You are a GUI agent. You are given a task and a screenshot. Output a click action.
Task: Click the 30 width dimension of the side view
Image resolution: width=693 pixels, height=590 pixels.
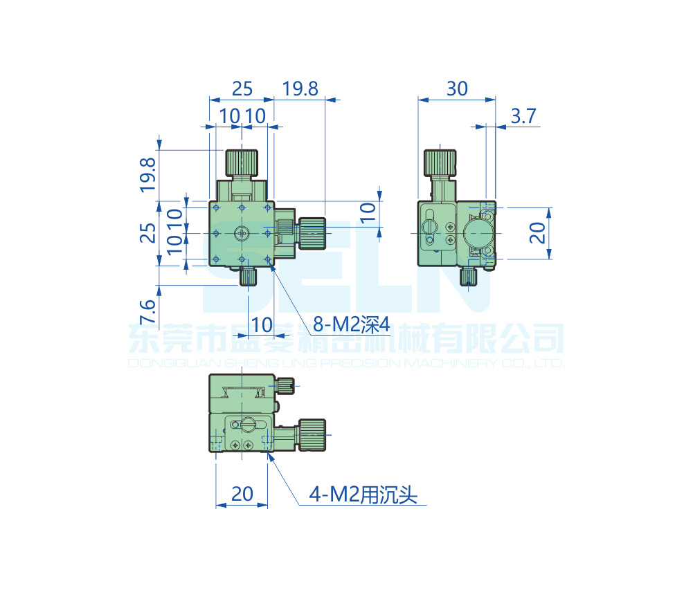click(457, 89)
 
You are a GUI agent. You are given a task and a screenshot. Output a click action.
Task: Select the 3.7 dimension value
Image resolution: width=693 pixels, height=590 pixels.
click(523, 116)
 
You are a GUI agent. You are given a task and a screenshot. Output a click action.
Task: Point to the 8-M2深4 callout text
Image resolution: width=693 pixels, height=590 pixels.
click(352, 324)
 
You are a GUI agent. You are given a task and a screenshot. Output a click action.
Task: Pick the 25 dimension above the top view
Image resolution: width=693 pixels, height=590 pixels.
click(242, 89)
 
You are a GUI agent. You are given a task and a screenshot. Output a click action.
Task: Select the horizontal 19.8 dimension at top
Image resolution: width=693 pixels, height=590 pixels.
click(300, 89)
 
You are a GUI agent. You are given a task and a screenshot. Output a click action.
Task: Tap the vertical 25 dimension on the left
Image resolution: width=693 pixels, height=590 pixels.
click(147, 233)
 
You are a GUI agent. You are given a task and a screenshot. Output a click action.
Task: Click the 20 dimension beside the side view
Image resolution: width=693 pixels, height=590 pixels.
click(538, 233)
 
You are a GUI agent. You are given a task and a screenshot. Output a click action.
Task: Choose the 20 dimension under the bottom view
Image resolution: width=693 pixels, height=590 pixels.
click(242, 494)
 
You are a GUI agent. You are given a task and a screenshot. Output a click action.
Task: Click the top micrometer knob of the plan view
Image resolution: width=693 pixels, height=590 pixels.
click(242, 163)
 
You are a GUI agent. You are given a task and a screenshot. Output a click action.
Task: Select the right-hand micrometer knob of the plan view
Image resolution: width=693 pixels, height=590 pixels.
click(312, 233)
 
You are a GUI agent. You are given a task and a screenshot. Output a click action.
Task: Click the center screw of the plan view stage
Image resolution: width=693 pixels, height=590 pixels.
click(242, 233)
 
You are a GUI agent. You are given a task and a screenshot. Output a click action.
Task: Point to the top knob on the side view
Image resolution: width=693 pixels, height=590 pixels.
click(440, 163)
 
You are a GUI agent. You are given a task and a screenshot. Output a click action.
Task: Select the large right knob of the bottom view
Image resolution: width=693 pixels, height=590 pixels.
click(312, 434)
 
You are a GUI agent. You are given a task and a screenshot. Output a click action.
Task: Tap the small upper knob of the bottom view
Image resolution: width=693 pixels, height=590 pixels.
click(286, 384)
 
